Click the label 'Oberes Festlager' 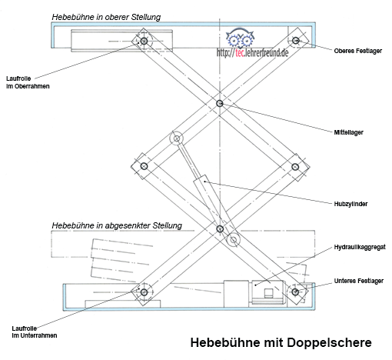357,51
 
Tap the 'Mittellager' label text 348,132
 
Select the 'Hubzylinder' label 350,204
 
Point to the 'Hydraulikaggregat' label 360,247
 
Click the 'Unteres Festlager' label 359,281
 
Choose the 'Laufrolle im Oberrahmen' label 28,82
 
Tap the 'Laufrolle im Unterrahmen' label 35,332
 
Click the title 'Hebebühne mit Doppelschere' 281,342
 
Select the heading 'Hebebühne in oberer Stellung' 106,17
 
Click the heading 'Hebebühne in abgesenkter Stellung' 117,225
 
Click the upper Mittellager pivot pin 220,103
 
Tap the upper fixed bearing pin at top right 296,40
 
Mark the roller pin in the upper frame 144,41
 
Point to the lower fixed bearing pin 295,292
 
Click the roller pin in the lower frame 144,292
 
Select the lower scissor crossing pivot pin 220,228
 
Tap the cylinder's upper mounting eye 177,138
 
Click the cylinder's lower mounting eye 234,240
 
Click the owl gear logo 240,39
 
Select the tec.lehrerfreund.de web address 252,53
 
